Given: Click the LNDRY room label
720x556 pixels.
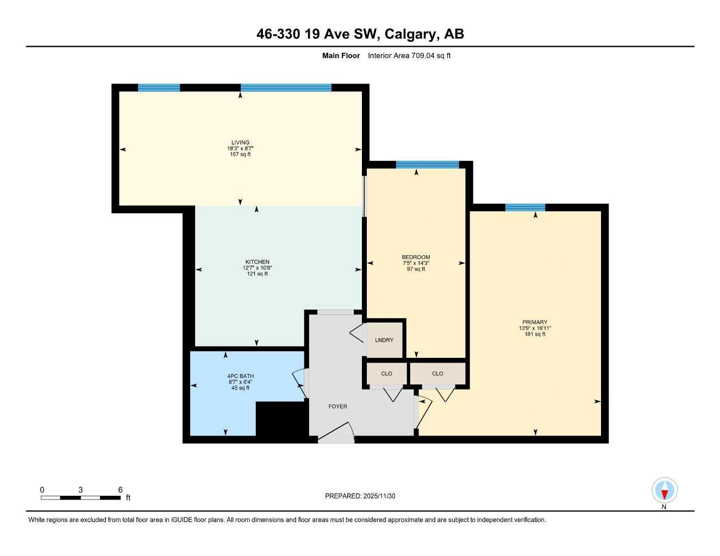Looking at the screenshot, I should pos(384,340).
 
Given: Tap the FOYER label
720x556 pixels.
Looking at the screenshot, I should pos(337,406).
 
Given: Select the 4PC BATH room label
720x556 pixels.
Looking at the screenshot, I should pos(241,376).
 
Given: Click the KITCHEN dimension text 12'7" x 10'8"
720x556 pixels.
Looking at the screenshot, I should pos(257,268).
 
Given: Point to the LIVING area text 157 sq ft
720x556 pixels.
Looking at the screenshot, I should pos(240,154).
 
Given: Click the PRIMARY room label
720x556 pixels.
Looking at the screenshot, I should pos(535,322).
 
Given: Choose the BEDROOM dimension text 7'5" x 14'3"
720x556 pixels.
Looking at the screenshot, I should pos(416,263).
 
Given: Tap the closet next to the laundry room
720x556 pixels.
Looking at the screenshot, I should pos(386,374).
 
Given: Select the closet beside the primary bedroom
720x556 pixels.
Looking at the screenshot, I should pos(437,374).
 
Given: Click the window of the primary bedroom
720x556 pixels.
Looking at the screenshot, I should pos(525,207).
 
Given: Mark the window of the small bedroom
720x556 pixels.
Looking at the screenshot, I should pos(427,165).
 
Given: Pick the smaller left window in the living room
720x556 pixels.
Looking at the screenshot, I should pos(159,87).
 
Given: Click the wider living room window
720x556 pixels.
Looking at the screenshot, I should pos(286,87).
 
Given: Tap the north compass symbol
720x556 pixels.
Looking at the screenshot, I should pos(664,491).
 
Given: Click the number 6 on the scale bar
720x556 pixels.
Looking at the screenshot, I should pos(120,489).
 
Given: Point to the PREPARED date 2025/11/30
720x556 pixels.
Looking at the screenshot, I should pos(379,496).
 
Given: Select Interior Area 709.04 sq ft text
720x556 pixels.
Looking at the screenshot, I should pos(409,55).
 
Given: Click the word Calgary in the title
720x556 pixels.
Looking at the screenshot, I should pos(411,34).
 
